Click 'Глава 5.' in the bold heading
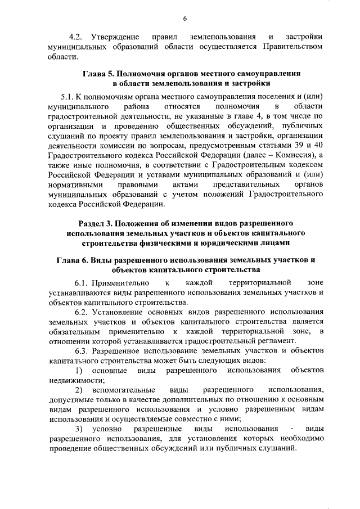click(99, 74)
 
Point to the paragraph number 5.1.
click(67, 96)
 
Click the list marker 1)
click(79, 372)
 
